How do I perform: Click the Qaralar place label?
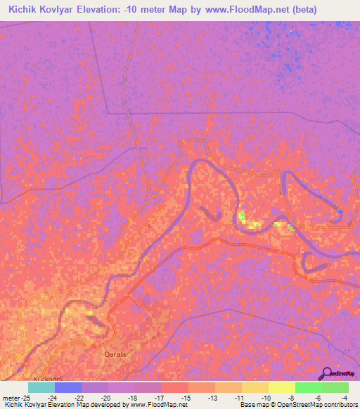[x=117, y=355]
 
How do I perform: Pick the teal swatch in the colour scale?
[x=41, y=387]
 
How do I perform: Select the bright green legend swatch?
[x=308, y=387]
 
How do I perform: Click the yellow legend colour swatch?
[x=281, y=387]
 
